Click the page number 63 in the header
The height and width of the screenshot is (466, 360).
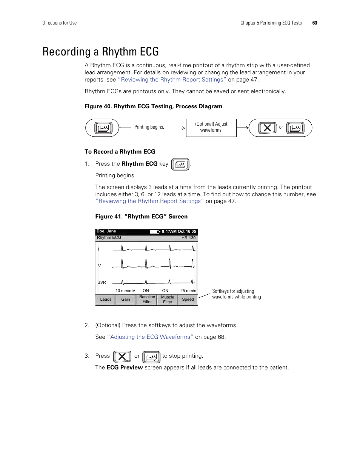pos(315,23)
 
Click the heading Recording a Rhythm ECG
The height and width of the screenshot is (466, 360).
pos(100,52)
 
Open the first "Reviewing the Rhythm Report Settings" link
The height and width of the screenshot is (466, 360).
pos(172,80)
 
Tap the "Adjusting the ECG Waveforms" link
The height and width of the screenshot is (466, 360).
pos(150,337)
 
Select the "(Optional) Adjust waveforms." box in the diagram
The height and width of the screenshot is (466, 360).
pos(211,128)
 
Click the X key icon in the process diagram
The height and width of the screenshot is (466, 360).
pos(267,128)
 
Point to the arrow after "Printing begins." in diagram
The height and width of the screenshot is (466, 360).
pos(176,128)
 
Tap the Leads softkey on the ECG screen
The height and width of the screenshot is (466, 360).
pos(106,300)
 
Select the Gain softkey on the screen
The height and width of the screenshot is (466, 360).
pos(126,300)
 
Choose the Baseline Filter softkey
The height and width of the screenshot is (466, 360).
pos(147,300)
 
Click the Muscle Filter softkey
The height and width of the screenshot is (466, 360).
pos(168,300)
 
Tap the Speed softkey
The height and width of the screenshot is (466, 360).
pos(188,300)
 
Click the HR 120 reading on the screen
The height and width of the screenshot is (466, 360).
pos(188,238)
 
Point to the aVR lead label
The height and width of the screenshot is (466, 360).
pos(102,282)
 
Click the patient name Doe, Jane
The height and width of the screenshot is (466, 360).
pos(106,231)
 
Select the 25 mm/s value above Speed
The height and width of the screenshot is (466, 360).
pos(188,291)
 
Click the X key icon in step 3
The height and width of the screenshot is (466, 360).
pos(122,356)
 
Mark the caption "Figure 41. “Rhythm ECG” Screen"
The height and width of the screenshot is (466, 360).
pos(141,217)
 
